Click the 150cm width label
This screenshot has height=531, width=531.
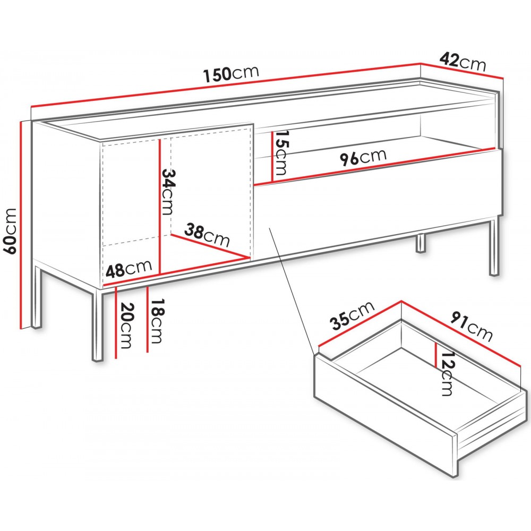click(232, 74)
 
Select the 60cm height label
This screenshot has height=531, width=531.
click(10, 232)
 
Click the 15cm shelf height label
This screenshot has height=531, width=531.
click(281, 153)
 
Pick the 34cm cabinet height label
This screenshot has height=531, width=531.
click(168, 192)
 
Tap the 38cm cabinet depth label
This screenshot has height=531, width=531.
click(207, 235)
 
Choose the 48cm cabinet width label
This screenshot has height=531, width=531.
click(129, 269)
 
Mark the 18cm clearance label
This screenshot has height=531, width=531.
click(158, 321)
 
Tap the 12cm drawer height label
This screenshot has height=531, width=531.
click(447, 373)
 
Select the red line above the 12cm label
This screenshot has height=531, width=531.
click(436, 355)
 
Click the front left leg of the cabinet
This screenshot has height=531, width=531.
click(98, 326)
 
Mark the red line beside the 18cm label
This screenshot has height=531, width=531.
click(148, 320)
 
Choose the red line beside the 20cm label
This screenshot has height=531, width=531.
click(116, 323)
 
